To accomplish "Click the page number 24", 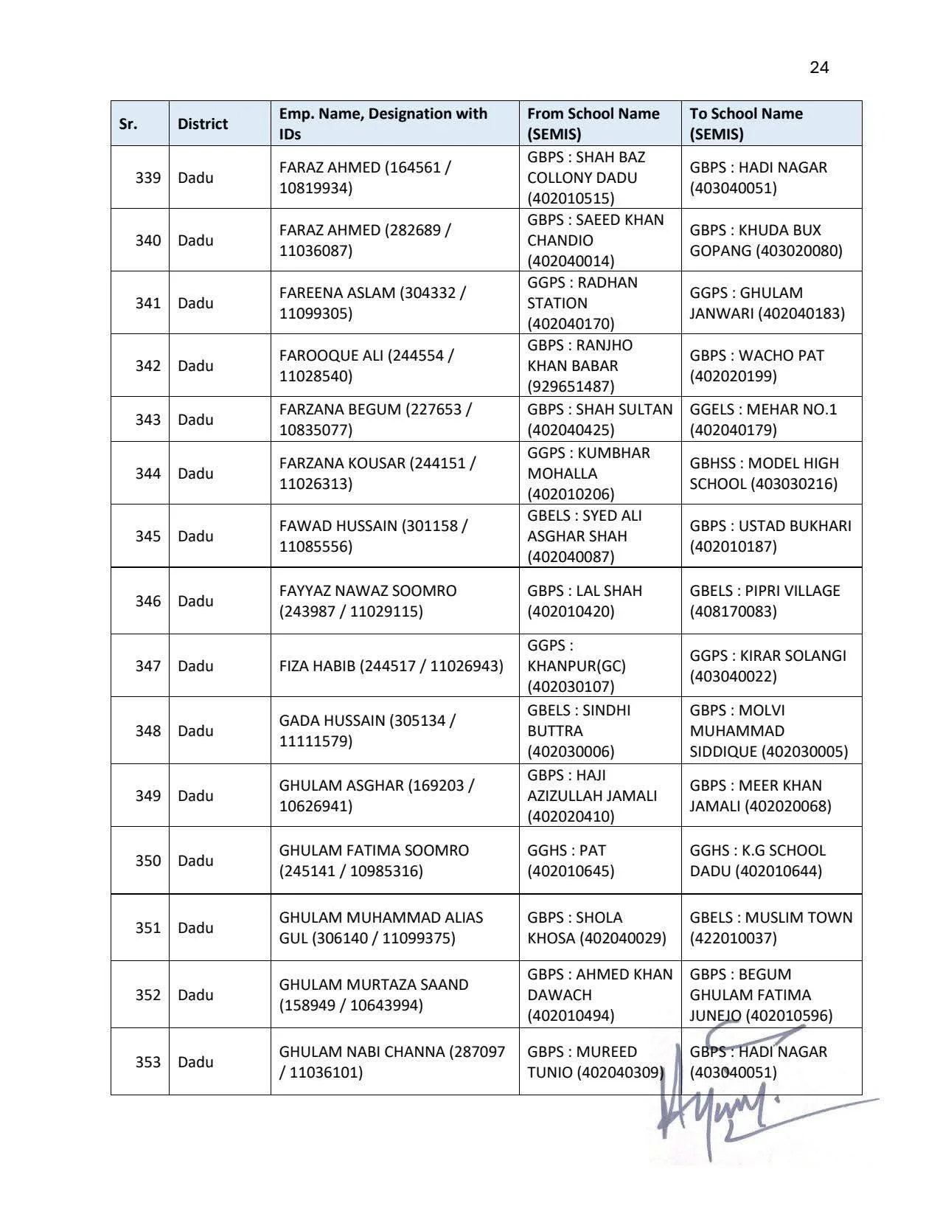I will coord(818,68).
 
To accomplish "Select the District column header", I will coord(202,124).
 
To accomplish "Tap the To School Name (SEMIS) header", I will coord(746,124).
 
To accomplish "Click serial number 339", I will coord(147,178).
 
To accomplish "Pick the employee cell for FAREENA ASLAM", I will coord(372,303).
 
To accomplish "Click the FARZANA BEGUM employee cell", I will coord(375,420).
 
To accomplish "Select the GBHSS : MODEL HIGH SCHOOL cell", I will coord(764,474).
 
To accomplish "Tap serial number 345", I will coord(147,536).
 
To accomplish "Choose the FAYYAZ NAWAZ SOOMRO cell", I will coord(368,601).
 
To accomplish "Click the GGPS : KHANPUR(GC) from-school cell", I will coord(576,666).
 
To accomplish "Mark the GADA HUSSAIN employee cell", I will coord(367,731).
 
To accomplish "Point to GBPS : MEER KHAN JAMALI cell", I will coord(760,796).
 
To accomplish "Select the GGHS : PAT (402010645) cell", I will coord(571,861).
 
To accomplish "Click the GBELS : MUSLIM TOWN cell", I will coord(770,928).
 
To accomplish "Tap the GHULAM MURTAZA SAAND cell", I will coord(373,995).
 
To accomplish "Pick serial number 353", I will coord(147,1062).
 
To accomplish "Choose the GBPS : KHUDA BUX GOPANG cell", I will coord(765,240).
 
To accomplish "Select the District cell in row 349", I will coord(195,796).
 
